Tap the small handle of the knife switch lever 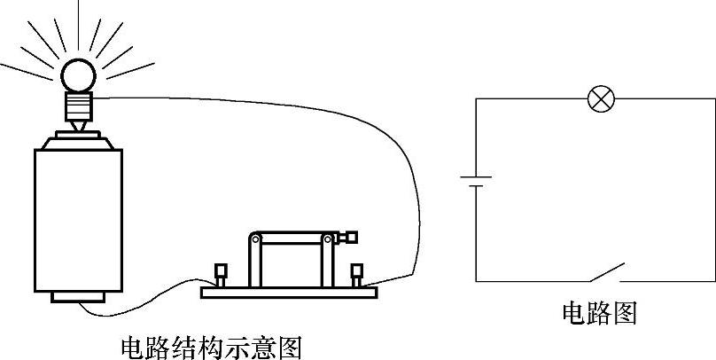click(x=351, y=237)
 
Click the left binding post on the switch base click(x=221, y=273)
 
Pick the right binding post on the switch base click(x=356, y=274)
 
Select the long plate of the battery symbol click(x=476, y=177)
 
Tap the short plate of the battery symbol click(x=476, y=188)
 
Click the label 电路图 click(x=599, y=313)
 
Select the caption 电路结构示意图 click(x=210, y=347)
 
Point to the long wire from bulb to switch click(x=390, y=133)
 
